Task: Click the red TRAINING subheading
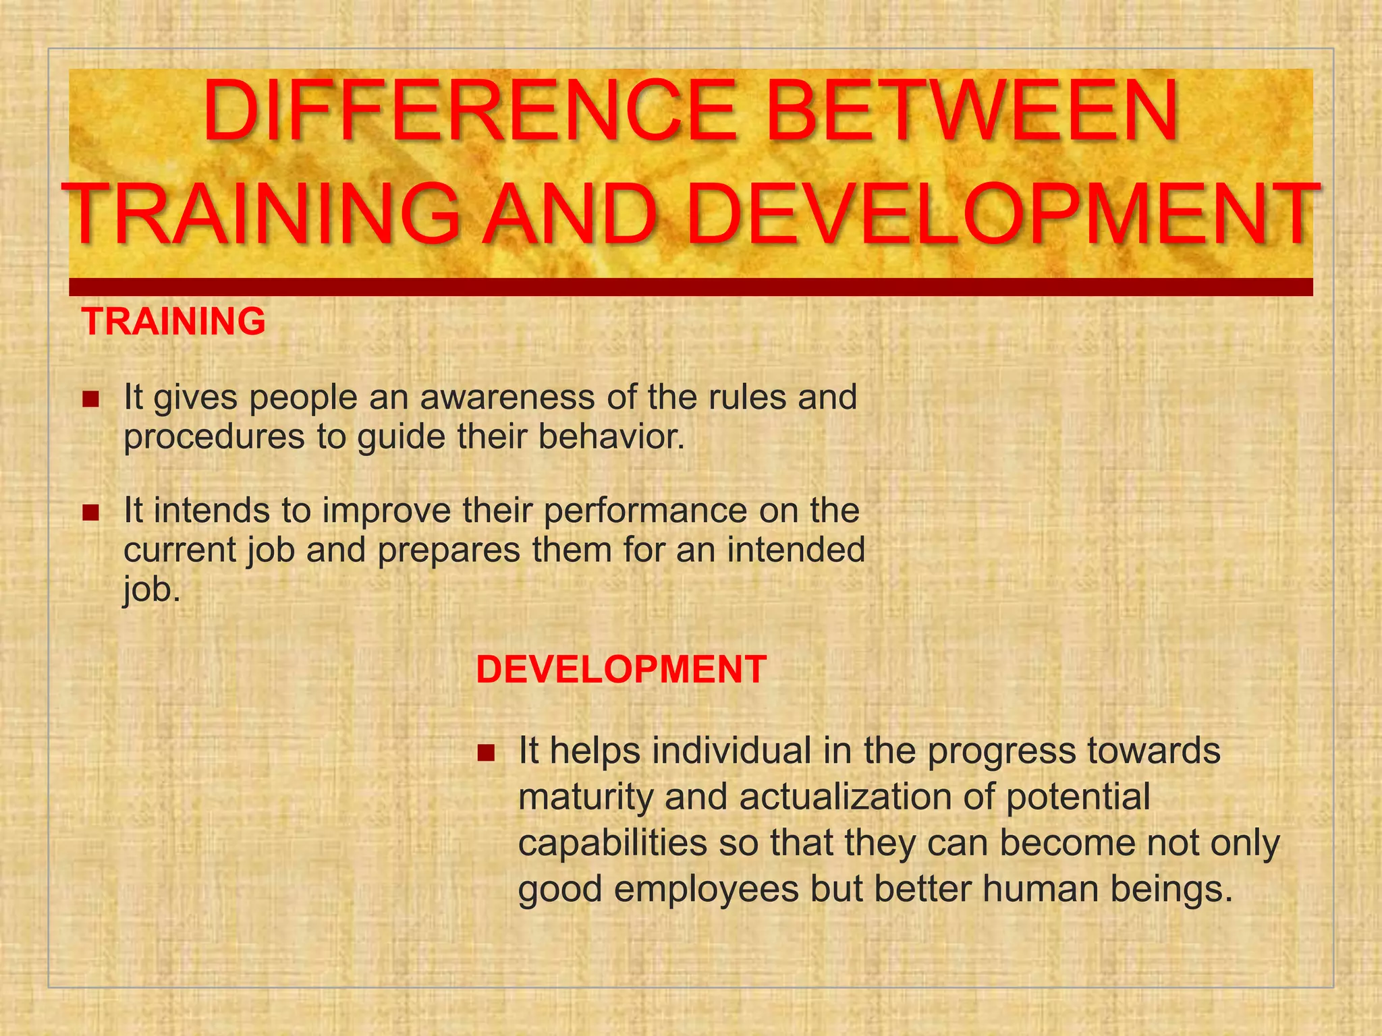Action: (x=173, y=322)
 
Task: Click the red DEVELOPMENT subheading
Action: (x=621, y=670)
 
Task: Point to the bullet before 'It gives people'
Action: (x=90, y=400)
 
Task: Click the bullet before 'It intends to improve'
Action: (x=90, y=513)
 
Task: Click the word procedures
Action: (x=214, y=437)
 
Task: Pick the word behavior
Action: (x=611, y=437)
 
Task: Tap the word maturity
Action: (x=585, y=797)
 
